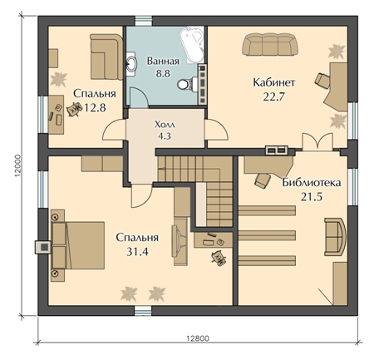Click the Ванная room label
click(x=163, y=61)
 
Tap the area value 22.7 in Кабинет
click(x=274, y=96)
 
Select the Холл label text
click(x=165, y=125)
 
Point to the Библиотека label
click(x=312, y=183)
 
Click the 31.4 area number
click(x=137, y=252)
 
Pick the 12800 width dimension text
click(x=198, y=338)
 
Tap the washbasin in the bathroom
click(x=131, y=63)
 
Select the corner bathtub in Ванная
click(x=192, y=45)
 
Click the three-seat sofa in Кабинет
click(x=270, y=44)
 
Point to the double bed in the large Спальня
click(x=78, y=245)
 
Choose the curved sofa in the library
click(x=336, y=237)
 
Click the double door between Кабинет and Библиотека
click(x=317, y=142)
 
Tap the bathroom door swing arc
click(x=140, y=96)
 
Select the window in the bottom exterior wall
click(x=143, y=310)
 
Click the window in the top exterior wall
click(x=144, y=21)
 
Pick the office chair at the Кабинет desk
click(x=322, y=80)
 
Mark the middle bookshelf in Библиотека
click(x=267, y=235)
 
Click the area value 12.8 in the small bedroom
click(x=95, y=107)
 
